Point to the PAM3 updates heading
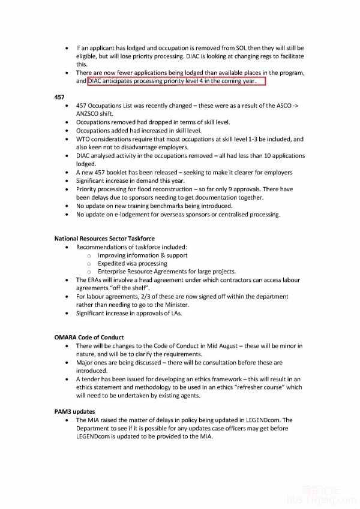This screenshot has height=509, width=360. [74, 412]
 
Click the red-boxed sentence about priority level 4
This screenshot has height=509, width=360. [176, 81]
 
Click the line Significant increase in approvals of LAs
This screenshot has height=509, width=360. [129, 313]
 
